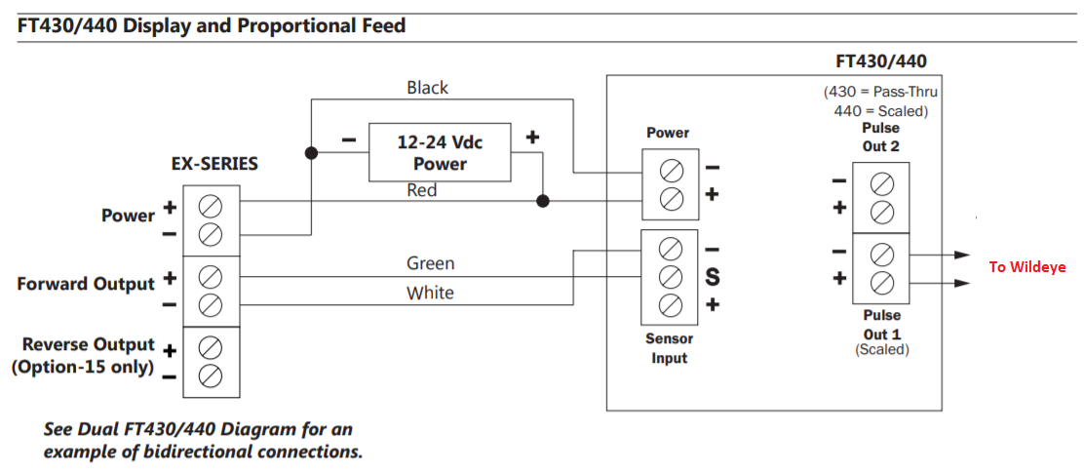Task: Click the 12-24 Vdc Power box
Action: tap(440, 153)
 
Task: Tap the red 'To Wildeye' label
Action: tap(1026, 267)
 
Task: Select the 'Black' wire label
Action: tap(427, 88)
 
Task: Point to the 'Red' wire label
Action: tap(421, 190)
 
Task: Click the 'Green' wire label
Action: tap(430, 263)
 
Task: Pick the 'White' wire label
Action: tap(430, 293)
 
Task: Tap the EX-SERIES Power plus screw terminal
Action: tap(211, 206)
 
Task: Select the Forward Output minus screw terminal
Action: tap(211, 305)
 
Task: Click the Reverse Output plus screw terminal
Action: tap(211, 348)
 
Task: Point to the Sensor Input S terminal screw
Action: tap(670, 276)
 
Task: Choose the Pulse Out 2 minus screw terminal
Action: tap(881, 182)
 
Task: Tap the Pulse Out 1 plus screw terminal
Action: tap(881, 283)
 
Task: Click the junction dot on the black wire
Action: tap(311, 153)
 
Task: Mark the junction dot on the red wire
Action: tap(542, 201)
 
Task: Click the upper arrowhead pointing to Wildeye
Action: tap(963, 255)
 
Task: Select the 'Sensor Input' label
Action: tap(670, 348)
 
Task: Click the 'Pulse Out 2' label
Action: tap(881, 138)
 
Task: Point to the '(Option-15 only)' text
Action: tap(83, 368)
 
